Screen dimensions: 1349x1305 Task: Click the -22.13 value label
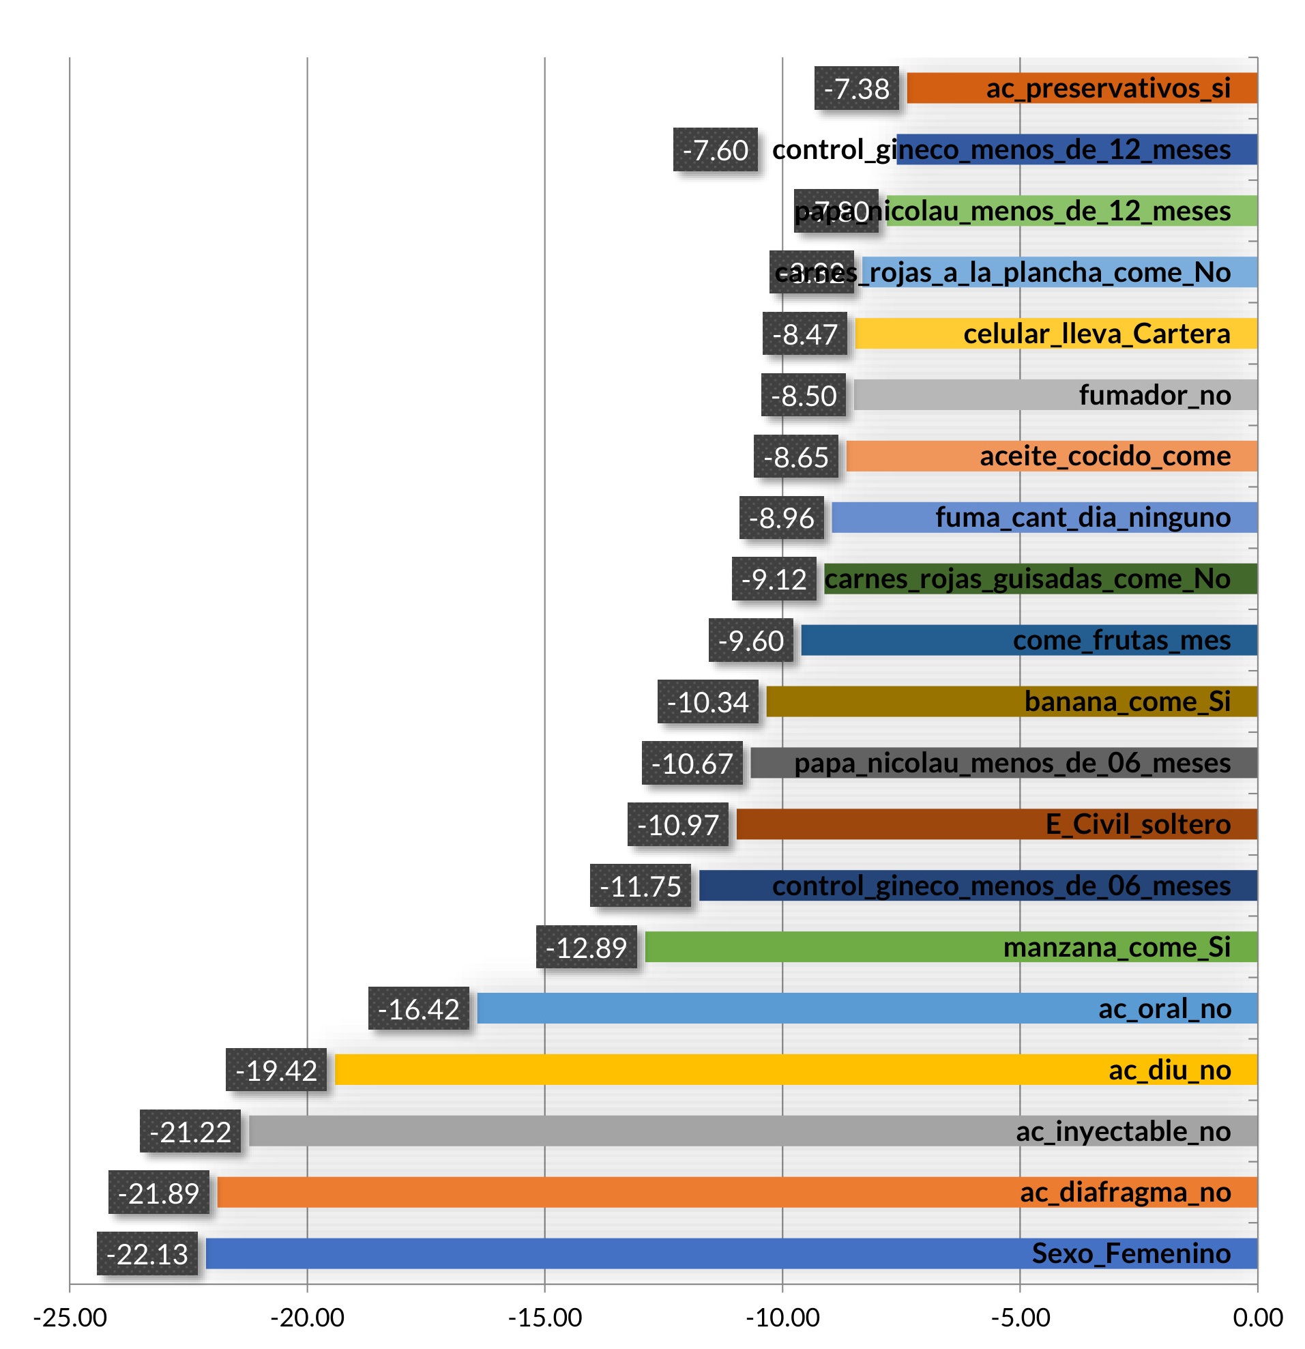pos(147,1254)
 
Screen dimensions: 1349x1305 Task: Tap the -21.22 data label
pos(190,1131)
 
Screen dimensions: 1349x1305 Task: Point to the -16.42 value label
pos(418,1009)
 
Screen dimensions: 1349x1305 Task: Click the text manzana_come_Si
pos(1117,948)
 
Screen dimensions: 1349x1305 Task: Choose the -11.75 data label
pos(640,886)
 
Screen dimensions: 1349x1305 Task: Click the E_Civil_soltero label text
pos(1138,824)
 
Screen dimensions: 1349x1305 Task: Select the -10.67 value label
pos(692,764)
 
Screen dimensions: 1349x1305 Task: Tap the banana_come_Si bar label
pos(1127,702)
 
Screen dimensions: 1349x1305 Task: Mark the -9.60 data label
pos(750,641)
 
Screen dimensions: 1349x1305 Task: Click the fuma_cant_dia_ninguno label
pos(1083,518)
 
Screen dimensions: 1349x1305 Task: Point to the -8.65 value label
pos(796,457)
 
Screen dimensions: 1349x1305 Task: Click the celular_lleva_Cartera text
pos(1096,334)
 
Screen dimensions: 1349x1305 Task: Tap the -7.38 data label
pos(857,89)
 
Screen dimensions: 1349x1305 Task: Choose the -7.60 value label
pos(715,150)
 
